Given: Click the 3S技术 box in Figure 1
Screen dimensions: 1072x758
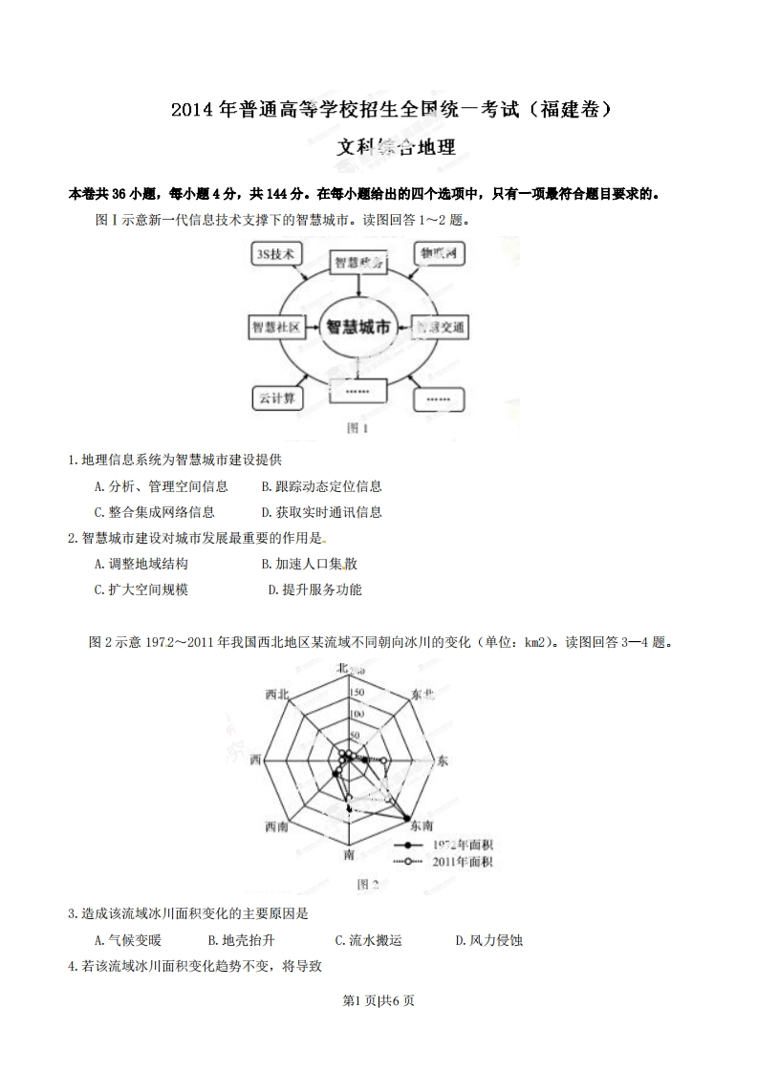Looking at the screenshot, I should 275,253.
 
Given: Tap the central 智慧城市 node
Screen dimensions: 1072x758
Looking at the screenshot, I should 358,327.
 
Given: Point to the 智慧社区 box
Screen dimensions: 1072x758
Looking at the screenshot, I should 276,327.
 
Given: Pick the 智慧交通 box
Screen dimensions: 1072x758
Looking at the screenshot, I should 441,327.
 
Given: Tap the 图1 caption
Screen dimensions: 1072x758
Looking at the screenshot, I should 357,429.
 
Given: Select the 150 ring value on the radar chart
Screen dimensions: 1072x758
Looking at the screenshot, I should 357,693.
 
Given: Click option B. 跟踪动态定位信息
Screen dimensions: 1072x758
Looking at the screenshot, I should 321,485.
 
